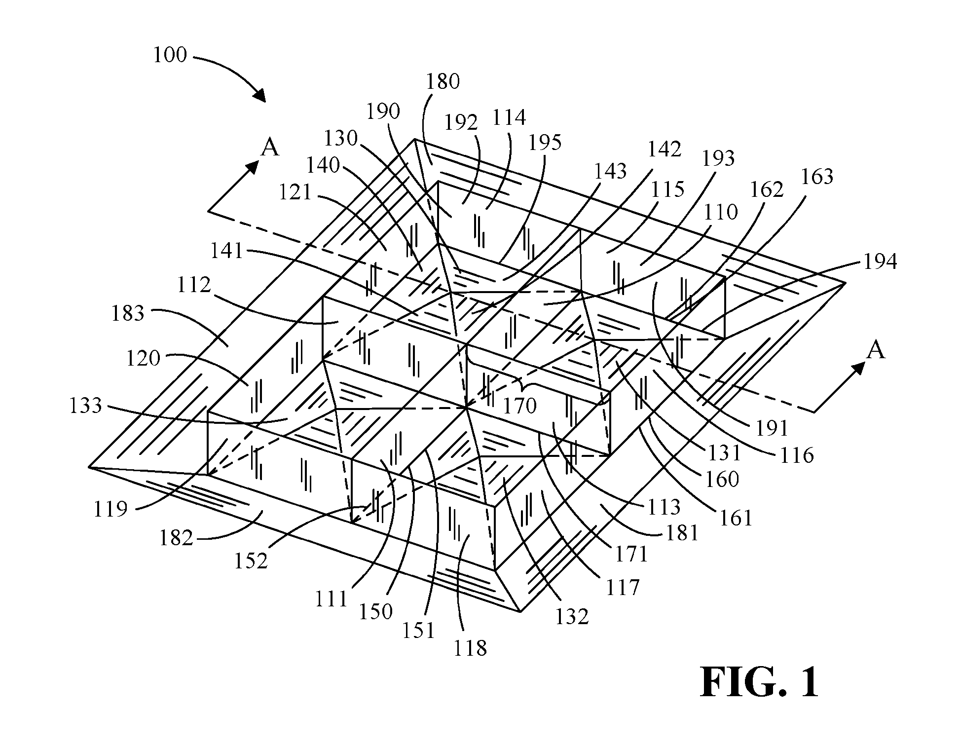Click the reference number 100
170,55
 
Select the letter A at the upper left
270,148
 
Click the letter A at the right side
876,350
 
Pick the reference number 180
443,81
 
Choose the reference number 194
880,262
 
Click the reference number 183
128,313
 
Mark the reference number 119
111,509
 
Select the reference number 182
176,538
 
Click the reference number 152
251,561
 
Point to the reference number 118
470,648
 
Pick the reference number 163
816,177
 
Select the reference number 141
227,251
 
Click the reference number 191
772,429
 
